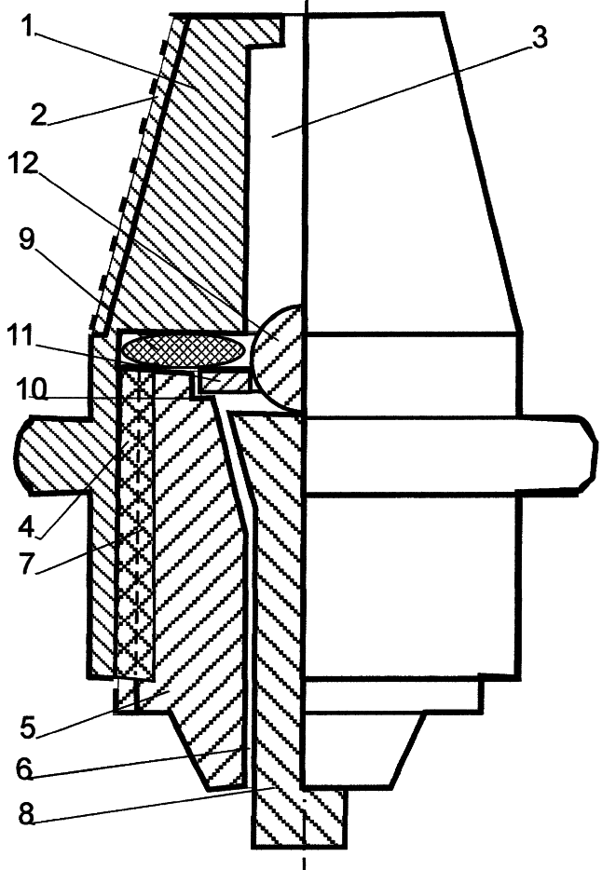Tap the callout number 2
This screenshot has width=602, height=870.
(39, 115)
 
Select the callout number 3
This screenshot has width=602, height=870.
(537, 37)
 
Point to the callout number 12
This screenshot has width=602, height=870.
(23, 163)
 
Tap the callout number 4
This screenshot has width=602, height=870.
(27, 526)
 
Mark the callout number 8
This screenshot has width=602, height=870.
(27, 814)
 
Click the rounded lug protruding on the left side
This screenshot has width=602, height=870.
(53, 454)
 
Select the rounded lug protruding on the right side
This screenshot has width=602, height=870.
(557, 455)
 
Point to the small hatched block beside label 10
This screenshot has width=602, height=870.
(224, 382)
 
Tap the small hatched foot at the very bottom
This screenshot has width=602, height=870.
(299, 817)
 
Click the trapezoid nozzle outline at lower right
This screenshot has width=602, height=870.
(363, 749)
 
